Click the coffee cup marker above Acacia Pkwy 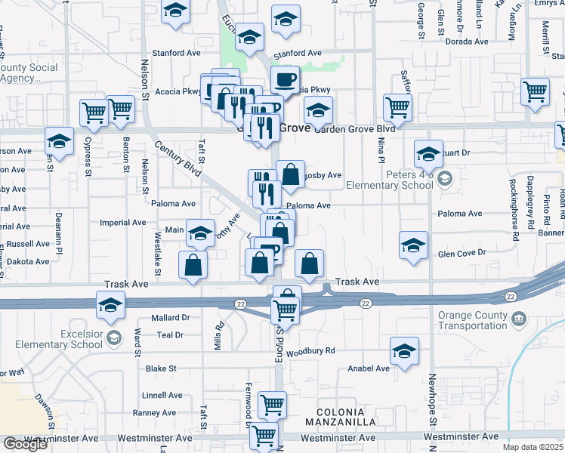[x=285, y=79]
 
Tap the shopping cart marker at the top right [x=535, y=92]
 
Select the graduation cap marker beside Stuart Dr [x=428, y=155]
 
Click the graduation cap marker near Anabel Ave [x=404, y=351]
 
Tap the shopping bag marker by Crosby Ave [x=290, y=175]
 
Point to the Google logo [x=25, y=444]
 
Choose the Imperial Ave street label [x=123, y=223]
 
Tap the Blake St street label [x=161, y=368]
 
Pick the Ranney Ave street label [x=154, y=413]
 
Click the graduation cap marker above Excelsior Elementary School [x=110, y=306]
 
